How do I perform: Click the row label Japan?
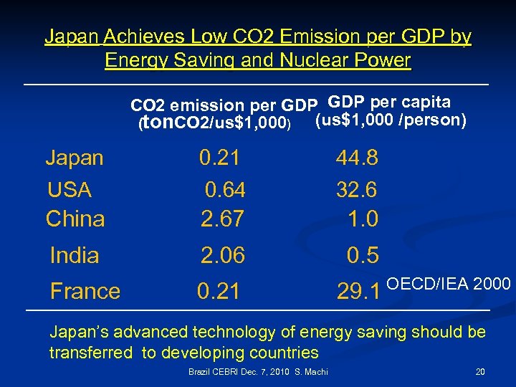click(x=75, y=158)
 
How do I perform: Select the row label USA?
click(x=70, y=190)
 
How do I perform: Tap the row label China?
click(x=75, y=219)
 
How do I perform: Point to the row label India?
click(x=75, y=255)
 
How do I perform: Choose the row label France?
click(x=85, y=291)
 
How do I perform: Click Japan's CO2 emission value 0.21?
click(x=219, y=158)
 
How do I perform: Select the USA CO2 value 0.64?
click(x=225, y=190)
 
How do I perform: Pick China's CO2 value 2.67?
click(x=222, y=219)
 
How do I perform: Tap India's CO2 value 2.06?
click(x=222, y=255)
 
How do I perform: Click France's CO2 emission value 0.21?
click(x=219, y=291)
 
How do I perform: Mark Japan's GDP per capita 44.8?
click(x=357, y=158)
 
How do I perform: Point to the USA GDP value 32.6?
click(x=357, y=190)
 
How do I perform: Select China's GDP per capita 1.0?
click(x=363, y=219)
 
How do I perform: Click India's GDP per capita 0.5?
click(x=363, y=255)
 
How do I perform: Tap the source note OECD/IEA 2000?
click(x=448, y=285)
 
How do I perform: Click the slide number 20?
click(x=479, y=371)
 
